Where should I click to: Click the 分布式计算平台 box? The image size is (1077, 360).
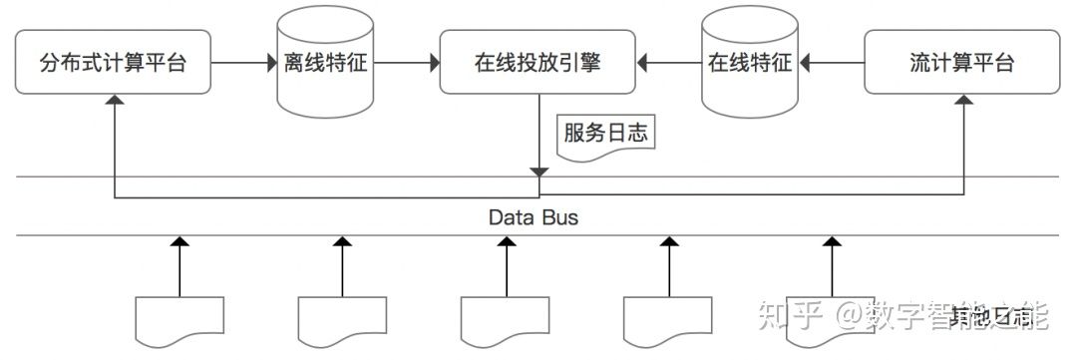[114, 63]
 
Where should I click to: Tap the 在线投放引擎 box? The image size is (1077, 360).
[538, 63]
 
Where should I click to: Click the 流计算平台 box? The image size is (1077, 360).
[962, 63]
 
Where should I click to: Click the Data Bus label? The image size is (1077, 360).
[534, 216]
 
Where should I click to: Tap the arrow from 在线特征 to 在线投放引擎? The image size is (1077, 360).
[670, 63]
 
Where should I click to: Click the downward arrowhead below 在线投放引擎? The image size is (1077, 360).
[538, 173]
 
